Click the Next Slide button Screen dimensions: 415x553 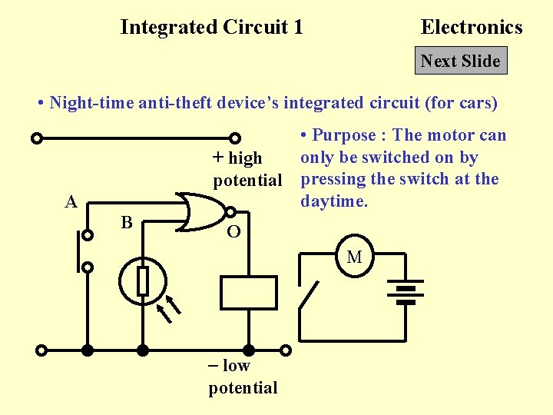(461, 61)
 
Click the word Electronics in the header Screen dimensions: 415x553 (471, 28)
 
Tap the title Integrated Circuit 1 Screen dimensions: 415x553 (211, 28)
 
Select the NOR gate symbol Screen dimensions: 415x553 (201, 211)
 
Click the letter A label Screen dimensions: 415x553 (71, 202)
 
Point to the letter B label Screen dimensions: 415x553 (127, 223)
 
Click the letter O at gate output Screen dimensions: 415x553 (234, 232)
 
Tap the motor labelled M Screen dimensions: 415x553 (354, 257)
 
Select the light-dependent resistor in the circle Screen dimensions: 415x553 (143, 281)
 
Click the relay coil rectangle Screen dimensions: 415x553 (248, 292)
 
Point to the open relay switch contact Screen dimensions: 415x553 (311, 296)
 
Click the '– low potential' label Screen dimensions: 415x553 (243, 377)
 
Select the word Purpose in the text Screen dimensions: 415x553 (344, 136)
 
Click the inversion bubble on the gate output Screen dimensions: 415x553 (230, 211)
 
